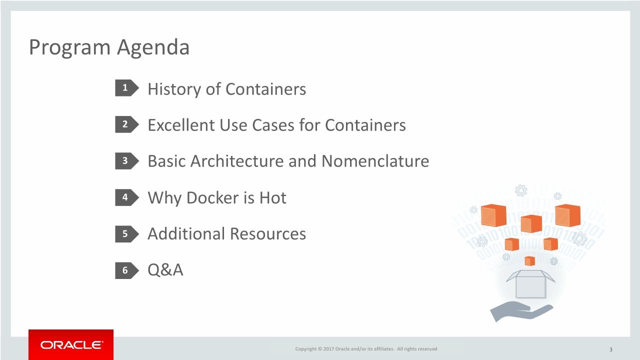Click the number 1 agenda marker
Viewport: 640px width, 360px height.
pyautogui.click(x=125, y=88)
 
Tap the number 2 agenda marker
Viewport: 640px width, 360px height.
pyautogui.click(x=125, y=124)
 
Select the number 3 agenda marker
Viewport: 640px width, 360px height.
pyautogui.click(x=125, y=161)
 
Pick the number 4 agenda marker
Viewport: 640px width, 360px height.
pyautogui.click(x=125, y=197)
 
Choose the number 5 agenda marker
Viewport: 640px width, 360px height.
pyautogui.click(x=125, y=233)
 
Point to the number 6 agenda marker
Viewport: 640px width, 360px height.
pyautogui.click(x=125, y=270)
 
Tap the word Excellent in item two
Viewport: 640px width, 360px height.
pyautogui.click(x=181, y=125)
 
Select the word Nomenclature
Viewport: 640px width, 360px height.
pyautogui.click(x=375, y=161)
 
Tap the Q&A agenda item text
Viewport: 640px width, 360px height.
pyautogui.click(x=165, y=270)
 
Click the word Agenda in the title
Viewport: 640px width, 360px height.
pyautogui.click(x=153, y=47)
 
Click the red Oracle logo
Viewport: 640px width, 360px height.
pyautogui.click(x=71, y=344)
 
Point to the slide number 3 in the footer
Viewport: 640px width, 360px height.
pyautogui.click(x=611, y=349)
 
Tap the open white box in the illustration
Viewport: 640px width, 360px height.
pyautogui.click(x=530, y=283)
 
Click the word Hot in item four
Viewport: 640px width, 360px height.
pyautogui.click(x=272, y=197)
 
